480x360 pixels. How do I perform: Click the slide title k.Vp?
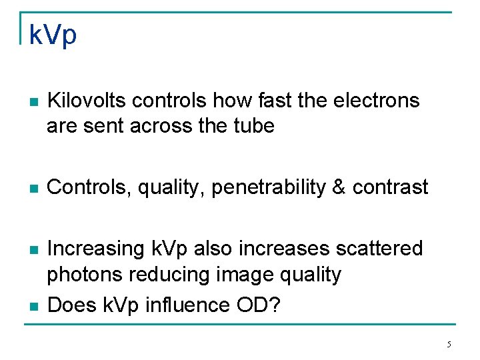point(53,35)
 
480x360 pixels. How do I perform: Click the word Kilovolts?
point(87,101)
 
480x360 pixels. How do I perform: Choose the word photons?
point(85,274)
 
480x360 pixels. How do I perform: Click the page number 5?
point(449,345)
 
